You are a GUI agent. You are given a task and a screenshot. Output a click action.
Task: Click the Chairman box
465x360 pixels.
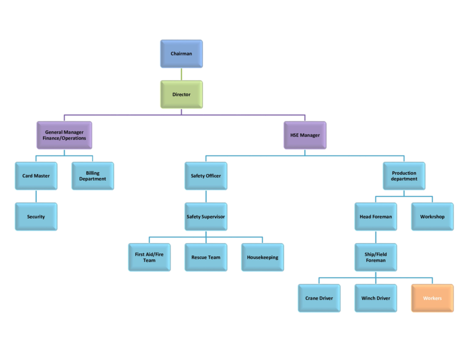tap(181, 54)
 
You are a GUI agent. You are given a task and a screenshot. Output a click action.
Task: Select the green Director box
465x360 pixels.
tap(181, 95)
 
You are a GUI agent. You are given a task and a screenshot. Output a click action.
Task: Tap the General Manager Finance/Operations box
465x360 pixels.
tap(64, 135)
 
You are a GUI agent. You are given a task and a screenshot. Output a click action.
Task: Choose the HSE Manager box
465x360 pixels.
tap(305, 135)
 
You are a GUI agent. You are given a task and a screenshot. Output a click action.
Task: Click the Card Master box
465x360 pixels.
tap(36, 176)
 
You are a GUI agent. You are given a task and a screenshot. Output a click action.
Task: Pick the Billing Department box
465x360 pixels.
tap(93, 176)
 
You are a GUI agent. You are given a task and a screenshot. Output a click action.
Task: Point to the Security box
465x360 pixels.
tap(36, 217)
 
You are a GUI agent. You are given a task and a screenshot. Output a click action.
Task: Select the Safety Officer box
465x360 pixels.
tap(206, 176)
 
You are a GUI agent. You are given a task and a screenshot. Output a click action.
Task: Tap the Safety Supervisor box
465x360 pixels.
tap(206, 217)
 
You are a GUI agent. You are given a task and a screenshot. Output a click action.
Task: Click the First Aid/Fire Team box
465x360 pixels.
tap(149, 257)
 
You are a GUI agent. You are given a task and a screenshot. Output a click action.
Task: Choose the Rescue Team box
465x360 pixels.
tap(206, 257)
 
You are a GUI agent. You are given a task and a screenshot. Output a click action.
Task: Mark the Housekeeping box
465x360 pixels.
tap(262, 257)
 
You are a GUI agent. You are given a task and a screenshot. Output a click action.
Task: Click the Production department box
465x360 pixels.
tap(404, 176)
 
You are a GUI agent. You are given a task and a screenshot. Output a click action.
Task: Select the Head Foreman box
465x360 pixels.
tap(376, 217)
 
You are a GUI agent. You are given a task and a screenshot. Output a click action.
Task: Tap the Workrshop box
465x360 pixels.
tap(432, 217)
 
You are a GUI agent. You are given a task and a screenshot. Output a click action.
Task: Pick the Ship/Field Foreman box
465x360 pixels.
tap(376, 257)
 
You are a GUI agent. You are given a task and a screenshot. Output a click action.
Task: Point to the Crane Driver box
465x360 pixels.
tap(319, 298)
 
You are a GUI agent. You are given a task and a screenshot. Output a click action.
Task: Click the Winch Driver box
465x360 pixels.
tap(376, 298)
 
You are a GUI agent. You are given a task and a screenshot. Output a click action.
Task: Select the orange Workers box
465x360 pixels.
tap(432, 298)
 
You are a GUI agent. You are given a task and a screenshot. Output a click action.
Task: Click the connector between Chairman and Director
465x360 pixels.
tap(181, 74)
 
